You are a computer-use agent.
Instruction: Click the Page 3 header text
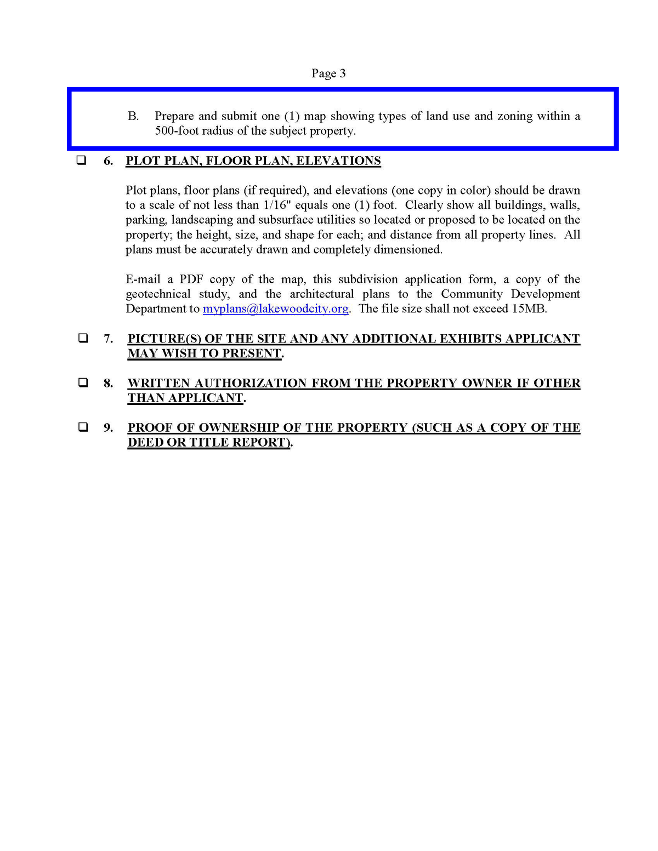click(328, 73)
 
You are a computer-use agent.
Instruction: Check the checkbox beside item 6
click(81, 161)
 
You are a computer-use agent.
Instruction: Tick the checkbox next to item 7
click(83, 338)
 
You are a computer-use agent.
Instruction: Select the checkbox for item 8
click(83, 382)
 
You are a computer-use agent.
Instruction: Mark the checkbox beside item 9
click(83, 427)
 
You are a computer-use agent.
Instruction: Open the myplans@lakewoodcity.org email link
click(275, 309)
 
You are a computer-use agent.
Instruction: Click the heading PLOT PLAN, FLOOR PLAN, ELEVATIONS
click(253, 161)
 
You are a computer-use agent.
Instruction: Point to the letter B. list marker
click(133, 116)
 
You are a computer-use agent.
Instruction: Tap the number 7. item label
click(109, 339)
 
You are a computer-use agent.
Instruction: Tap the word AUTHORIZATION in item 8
click(250, 384)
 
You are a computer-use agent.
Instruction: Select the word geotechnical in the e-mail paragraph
click(158, 294)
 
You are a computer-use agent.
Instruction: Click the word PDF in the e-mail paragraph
click(191, 279)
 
